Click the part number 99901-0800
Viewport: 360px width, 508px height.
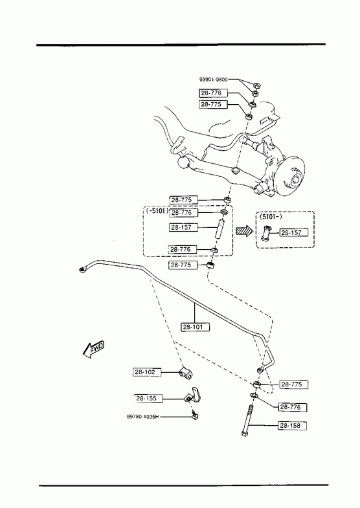213,80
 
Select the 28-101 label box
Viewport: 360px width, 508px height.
195,327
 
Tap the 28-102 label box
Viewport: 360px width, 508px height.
147,372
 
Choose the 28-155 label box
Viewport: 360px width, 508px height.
148,398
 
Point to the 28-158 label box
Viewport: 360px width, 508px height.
292,425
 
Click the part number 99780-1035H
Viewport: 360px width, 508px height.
143,417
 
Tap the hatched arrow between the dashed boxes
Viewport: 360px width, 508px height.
244,231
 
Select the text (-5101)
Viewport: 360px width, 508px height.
157,211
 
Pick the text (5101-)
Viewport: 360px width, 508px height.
270,217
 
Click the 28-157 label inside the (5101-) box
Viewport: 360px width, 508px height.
293,232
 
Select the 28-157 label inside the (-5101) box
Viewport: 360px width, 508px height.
183,227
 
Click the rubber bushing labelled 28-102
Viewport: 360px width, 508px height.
186,373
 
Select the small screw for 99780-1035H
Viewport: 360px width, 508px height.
195,415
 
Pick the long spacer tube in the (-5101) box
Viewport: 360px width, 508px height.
219,229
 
